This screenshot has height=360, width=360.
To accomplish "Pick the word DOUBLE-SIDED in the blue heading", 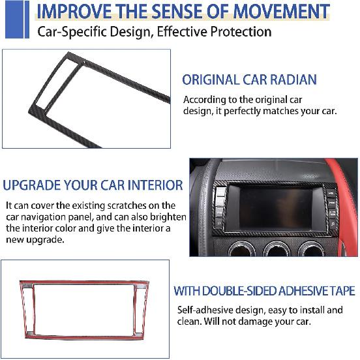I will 245,291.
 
